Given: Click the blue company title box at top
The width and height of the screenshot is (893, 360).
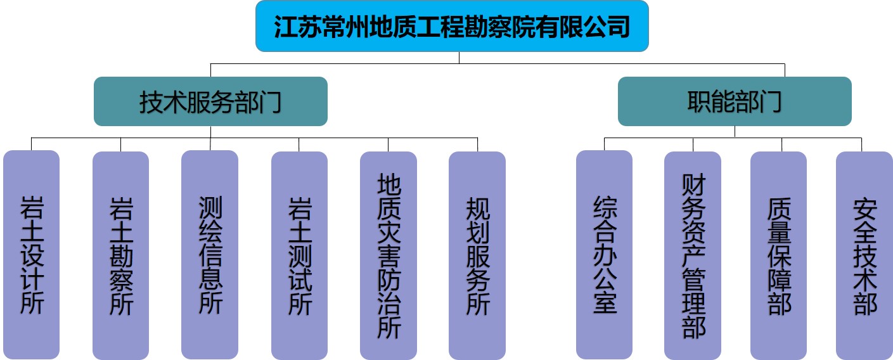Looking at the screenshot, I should coord(452,26).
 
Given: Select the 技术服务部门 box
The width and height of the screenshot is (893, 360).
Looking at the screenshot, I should coord(210,101).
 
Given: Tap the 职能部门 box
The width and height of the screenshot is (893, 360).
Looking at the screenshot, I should coord(735,101).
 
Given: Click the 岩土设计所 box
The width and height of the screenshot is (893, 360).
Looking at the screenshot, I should coord(32,255).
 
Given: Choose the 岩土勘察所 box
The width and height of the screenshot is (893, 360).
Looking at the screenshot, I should coord(120,255).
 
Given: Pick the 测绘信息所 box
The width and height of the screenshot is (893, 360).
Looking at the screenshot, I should coord(210,255).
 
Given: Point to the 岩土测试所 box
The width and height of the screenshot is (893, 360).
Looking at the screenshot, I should coord(299,255).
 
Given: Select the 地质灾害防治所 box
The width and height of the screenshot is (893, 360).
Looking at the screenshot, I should coord(389,255).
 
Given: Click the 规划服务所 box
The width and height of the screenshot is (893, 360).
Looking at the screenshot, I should coord(477,255).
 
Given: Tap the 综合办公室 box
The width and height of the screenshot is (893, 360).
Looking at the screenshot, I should coord(604,255).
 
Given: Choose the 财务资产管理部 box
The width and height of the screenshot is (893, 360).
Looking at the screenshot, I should coord(693,255).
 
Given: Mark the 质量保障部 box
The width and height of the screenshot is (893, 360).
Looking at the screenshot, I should coord(779,255).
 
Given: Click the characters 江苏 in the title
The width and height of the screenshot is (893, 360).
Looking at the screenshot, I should coord(297,27).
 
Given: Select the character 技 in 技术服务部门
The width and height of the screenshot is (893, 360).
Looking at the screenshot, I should coord(151,102).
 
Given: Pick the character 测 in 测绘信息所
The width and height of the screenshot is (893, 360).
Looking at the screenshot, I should coord(210,207).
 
